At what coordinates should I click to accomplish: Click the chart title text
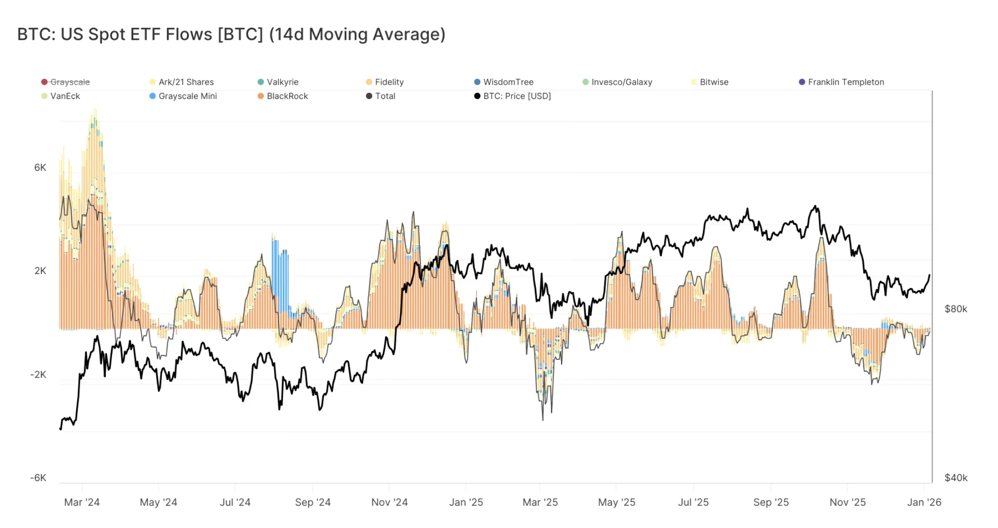(231, 34)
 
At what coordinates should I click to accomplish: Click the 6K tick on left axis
(40, 168)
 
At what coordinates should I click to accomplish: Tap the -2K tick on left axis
(38, 375)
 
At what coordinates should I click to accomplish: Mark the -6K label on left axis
(38, 478)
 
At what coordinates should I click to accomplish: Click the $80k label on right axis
(956, 309)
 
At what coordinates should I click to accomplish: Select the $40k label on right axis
(956, 478)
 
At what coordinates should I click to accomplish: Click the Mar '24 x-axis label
(82, 502)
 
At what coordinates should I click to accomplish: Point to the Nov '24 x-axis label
(389, 502)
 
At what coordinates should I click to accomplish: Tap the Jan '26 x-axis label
(924, 502)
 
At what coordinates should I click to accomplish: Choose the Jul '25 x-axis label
(693, 502)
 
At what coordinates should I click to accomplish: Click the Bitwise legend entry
(713, 82)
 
